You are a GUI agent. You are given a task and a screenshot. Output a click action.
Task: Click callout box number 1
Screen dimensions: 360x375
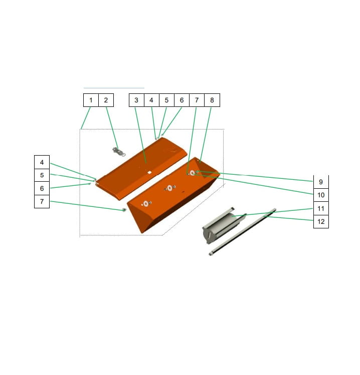(x=91, y=100)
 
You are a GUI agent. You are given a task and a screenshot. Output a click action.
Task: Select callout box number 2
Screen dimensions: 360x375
(x=106, y=100)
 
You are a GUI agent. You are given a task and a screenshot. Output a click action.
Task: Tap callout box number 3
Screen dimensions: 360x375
(x=136, y=100)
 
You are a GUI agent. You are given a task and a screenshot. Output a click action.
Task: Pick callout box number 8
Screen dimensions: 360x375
(x=212, y=100)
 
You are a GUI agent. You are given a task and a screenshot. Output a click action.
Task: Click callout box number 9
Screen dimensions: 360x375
(x=321, y=182)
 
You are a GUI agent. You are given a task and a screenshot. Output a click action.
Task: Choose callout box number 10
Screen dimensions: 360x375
(x=321, y=195)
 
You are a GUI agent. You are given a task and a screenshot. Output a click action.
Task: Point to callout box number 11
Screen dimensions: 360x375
(x=321, y=208)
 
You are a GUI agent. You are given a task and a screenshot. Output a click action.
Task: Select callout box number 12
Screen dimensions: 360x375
(x=321, y=221)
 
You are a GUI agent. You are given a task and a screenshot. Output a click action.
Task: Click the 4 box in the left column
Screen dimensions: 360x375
(x=42, y=162)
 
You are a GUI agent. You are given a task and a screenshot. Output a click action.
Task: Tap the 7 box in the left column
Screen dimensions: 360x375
(x=42, y=201)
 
